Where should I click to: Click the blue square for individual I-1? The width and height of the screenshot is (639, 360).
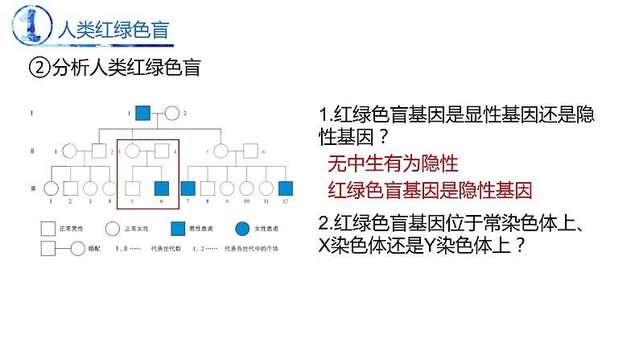(143, 114)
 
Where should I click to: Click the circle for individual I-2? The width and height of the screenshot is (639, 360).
(172, 114)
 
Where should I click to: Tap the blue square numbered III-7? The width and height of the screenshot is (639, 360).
(189, 189)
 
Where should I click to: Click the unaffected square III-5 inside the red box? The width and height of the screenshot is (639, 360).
(133, 189)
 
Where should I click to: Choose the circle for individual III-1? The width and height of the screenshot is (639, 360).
(51, 189)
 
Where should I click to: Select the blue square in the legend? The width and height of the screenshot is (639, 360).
(176, 229)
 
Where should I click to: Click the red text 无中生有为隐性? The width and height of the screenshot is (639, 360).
(393, 164)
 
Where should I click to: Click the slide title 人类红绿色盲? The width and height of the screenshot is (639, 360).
(113, 31)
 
